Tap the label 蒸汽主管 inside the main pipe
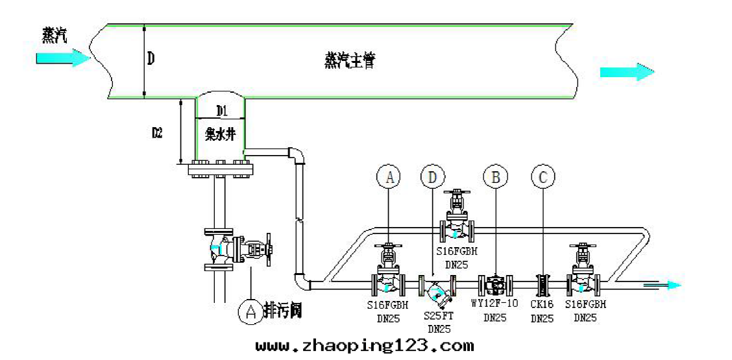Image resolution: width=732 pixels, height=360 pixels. click(x=350, y=62)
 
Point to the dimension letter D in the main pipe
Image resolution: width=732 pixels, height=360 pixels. click(x=151, y=60)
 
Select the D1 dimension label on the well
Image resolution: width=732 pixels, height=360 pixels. click(x=222, y=110)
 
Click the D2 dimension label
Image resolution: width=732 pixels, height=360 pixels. click(x=157, y=133)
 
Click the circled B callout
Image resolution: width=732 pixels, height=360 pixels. click(x=496, y=176)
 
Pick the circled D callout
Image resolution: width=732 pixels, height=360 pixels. click(x=433, y=176)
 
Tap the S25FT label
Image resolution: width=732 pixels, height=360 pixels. click(x=439, y=315)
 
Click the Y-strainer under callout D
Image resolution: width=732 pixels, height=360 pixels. click(x=437, y=290)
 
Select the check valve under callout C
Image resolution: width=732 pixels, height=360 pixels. click(x=543, y=284)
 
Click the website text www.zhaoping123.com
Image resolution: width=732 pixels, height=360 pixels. click(x=364, y=346)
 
